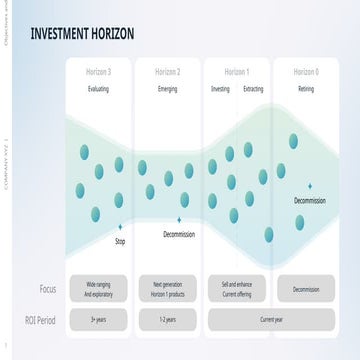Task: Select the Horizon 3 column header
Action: click(x=98, y=72)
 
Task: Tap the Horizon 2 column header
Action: click(x=168, y=72)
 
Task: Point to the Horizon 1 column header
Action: click(x=237, y=72)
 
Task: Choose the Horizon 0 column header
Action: click(x=306, y=72)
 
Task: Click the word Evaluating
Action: click(x=98, y=89)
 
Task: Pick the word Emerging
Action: click(x=168, y=89)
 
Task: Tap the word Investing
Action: click(x=220, y=89)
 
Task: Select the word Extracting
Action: click(x=254, y=89)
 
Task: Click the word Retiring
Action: click(x=306, y=89)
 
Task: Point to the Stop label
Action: click(x=120, y=241)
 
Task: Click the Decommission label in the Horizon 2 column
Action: click(x=179, y=234)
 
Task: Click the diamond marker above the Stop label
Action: click(x=120, y=227)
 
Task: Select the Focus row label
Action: click(x=47, y=289)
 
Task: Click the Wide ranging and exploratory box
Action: click(x=98, y=289)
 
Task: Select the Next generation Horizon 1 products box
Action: click(x=168, y=289)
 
